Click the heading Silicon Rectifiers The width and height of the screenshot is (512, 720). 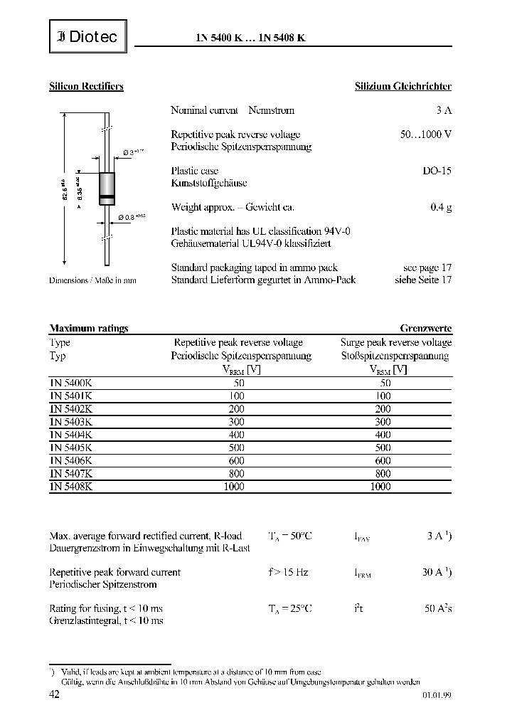pos(86,86)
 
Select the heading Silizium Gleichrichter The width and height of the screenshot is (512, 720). pos(403,86)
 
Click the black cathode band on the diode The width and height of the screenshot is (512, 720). pos(107,196)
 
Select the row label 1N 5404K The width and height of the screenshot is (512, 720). pos(70,434)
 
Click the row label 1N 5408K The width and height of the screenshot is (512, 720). pos(70,486)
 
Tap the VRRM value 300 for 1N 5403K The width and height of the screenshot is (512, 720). pos(238,421)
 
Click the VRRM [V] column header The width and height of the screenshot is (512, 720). pos(238,369)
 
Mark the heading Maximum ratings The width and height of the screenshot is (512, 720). pos(88,328)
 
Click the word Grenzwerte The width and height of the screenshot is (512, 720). pos(425,328)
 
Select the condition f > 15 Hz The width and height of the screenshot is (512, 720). pos(289,571)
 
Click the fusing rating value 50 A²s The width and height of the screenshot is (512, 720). pos(438,608)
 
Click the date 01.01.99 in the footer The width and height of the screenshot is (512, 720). pos(437,695)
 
